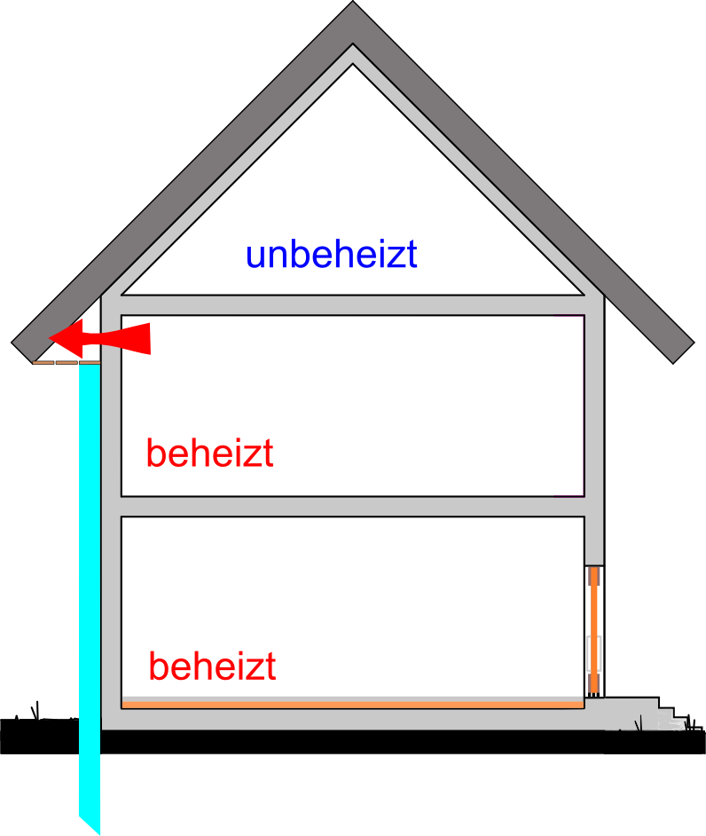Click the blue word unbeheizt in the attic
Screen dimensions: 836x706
point(331,256)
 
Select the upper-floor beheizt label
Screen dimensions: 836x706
point(209,454)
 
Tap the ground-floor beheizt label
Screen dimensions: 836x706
point(212,666)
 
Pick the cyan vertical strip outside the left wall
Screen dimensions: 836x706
point(89,577)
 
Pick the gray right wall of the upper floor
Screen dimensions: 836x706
point(594,408)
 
